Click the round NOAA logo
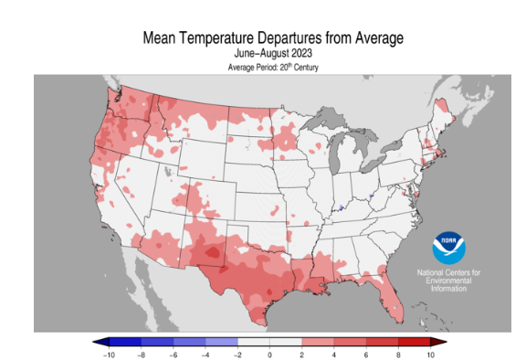click(x=449, y=249)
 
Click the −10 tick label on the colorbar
click(x=109, y=353)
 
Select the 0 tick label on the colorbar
click(x=270, y=353)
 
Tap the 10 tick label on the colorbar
click(x=430, y=353)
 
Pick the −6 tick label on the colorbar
click(x=174, y=353)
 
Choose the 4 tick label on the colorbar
click(x=334, y=353)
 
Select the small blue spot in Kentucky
click(x=341, y=208)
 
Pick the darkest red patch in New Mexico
click(x=212, y=252)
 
